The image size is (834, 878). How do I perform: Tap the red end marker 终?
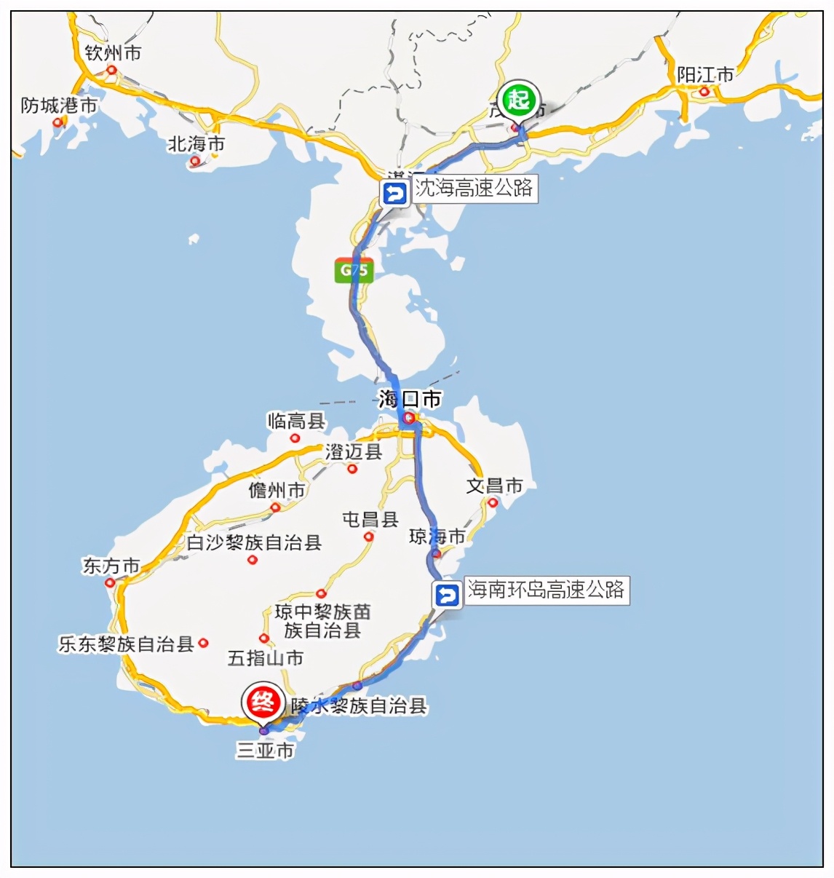coord(262,702)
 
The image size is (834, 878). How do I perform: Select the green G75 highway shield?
coord(354,270)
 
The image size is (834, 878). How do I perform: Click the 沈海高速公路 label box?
coord(474,189)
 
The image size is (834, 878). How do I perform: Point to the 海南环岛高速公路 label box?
coord(546,590)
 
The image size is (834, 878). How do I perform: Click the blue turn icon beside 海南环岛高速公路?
coord(447,596)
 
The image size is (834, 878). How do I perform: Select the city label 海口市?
coord(410,399)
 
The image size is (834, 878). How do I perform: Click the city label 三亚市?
coord(265,751)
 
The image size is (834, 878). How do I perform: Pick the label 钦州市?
coord(113,53)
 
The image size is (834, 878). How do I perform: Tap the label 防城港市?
coord(59,106)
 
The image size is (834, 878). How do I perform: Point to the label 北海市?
coord(196,144)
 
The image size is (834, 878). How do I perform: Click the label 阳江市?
coord(705,75)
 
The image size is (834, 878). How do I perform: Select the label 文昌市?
coord(494,486)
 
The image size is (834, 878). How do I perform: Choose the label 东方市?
coord(111,566)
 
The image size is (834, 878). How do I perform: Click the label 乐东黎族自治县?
coord(126,644)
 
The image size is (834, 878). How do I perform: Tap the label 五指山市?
coord(266,658)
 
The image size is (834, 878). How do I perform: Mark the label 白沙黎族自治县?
coord(254,542)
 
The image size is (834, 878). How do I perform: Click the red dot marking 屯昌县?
coord(369,537)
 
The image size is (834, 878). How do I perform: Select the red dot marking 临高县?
coord(295,438)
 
